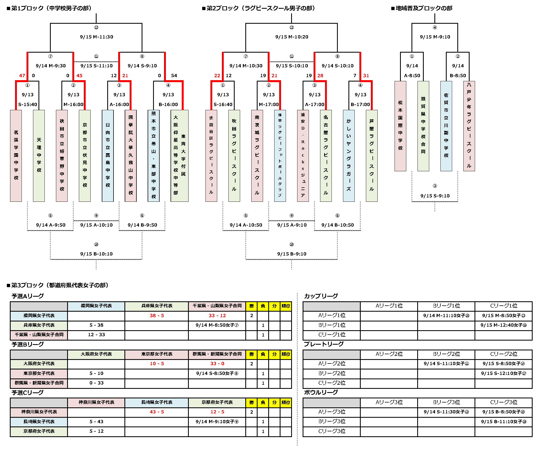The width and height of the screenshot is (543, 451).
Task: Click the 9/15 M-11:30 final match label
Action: point(96,37)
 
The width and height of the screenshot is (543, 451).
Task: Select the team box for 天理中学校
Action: point(39,155)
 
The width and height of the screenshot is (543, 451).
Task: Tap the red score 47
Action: point(22,76)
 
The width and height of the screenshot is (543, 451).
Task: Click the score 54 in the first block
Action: point(174,76)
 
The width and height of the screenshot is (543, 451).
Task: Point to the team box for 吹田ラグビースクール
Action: point(234,155)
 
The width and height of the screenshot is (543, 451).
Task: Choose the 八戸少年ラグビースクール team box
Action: point(469,126)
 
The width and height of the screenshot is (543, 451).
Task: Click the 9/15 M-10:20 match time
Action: point(292,37)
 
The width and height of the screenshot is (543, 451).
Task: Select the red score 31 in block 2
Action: point(366,76)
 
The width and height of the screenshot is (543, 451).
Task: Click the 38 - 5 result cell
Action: point(157,315)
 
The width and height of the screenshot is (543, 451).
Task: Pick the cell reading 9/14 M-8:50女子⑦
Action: point(217,325)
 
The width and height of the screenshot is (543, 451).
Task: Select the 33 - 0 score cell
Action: point(217,363)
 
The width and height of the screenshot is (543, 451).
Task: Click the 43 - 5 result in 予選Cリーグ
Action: point(157,412)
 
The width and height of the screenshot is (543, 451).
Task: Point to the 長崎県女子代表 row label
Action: point(39,422)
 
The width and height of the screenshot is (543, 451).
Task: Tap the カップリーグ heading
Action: point(321,296)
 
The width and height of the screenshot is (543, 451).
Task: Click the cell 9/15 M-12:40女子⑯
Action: point(503,325)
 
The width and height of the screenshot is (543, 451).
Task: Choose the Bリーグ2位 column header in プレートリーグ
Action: point(446,354)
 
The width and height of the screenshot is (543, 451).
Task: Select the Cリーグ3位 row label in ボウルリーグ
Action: point(332,431)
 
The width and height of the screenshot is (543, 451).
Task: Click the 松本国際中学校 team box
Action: point(400,126)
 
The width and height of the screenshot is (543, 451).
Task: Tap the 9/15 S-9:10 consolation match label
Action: point(435,196)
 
